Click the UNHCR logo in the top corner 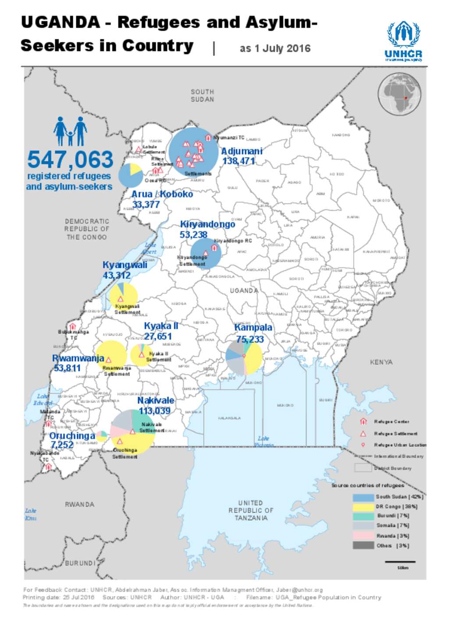click(x=403, y=41)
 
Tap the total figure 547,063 click(x=70, y=159)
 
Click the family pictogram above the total click(x=70, y=131)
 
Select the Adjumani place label click(x=242, y=151)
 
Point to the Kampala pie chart click(x=244, y=357)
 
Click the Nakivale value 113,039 click(x=154, y=411)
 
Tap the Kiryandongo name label click(x=207, y=224)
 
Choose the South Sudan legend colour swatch click(x=363, y=497)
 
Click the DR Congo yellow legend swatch click(x=363, y=506)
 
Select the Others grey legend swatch click(x=363, y=545)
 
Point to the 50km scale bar click(x=400, y=561)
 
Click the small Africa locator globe click(x=399, y=94)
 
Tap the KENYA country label click(x=381, y=362)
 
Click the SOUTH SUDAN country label click(x=202, y=96)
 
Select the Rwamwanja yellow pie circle click(x=111, y=355)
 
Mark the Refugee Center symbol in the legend click(x=363, y=421)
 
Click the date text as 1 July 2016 click(x=275, y=49)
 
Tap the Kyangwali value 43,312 click(x=117, y=276)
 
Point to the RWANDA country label click(x=79, y=505)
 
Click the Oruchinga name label click(x=72, y=436)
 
